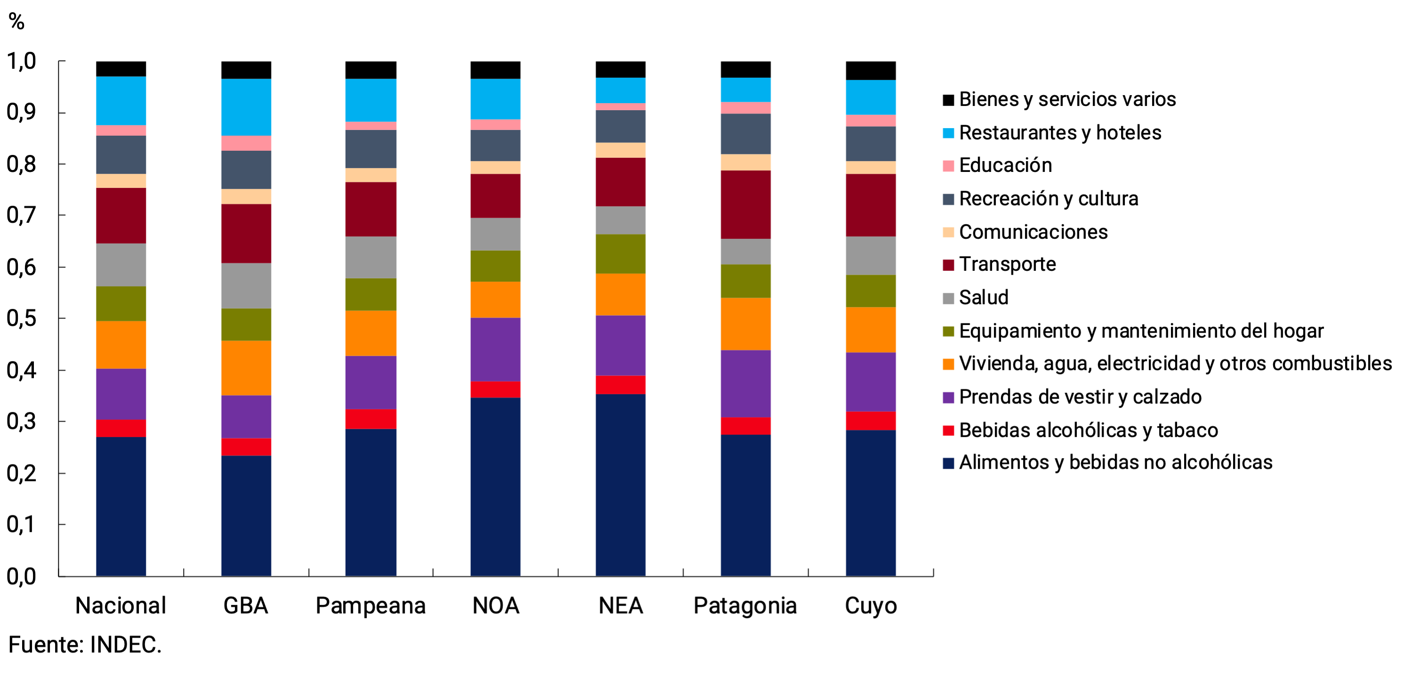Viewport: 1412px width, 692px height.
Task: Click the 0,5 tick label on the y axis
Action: [x=21, y=318]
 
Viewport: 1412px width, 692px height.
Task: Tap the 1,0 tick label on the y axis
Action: [x=21, y=61]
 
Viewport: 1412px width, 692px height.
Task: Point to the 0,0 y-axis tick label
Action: [x=21, y=576]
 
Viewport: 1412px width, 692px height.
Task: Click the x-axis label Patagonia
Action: [x=745, y=606]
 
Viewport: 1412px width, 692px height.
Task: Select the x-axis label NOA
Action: [x=495, y=606]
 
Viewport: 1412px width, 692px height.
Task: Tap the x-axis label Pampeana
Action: [x=371, y=606]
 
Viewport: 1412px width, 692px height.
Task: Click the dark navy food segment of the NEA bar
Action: [x=621, y=485]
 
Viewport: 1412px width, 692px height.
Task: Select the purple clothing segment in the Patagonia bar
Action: [x=745, y=384]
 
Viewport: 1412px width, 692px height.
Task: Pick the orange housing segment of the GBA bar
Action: [x=246, y=368]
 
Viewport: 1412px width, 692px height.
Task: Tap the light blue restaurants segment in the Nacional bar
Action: [x=121, y=101]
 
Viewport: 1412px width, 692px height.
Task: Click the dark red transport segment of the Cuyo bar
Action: [x=871, y=205]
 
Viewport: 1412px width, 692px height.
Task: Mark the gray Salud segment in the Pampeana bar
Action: [x=371, y=257]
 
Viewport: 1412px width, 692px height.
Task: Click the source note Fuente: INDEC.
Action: [x=85, y=645]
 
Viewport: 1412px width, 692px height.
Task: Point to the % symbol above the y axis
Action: [x=16, y=22]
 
